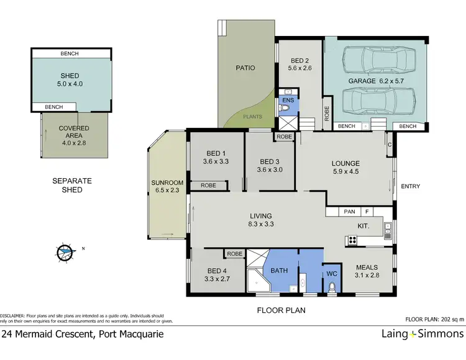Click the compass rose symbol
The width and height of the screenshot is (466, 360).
click(65, 252)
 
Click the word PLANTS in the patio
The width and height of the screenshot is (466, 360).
click(252, 116)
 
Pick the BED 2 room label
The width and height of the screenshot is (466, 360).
click(299, 65)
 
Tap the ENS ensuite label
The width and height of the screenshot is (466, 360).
click(288, 99)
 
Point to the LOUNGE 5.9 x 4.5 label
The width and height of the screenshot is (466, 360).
click(346, 168)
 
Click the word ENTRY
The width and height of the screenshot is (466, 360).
click(411, 186)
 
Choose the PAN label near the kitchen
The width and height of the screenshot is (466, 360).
click(349, 212)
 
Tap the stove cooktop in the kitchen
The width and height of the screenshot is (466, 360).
click(352, 240)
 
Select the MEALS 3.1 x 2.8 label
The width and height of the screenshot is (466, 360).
click(367, 271)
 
